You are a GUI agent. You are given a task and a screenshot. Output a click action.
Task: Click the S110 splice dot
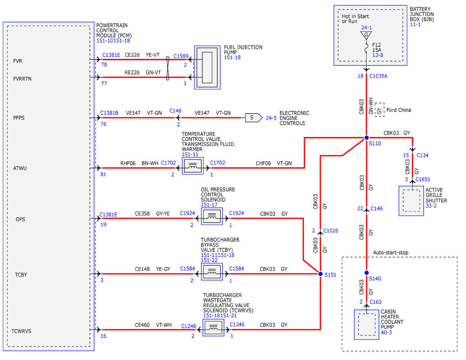point(367,137)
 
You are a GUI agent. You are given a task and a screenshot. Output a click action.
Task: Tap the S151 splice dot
point(320,274)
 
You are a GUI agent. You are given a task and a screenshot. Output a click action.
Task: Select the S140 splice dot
point(367,273)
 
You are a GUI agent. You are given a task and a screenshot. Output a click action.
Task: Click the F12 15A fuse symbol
point(366,48)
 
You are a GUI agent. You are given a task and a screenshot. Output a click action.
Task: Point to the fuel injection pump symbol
point(207,67)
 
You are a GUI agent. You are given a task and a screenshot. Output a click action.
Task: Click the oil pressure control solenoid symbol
point(212,216)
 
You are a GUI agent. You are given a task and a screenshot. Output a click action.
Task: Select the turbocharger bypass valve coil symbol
point(212,272)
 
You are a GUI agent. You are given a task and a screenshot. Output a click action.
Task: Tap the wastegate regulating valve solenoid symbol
point(213,328)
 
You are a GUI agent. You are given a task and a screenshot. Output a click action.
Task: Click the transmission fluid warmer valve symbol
point(193,166)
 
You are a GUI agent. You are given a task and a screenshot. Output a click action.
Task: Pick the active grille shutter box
point(411,201)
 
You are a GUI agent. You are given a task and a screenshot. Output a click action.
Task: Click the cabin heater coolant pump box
point(367,325)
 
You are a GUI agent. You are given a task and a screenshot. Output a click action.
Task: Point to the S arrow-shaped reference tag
point(254,118)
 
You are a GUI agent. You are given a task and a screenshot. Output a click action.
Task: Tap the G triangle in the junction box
point(366,35)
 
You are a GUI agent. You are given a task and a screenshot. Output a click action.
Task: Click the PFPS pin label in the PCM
point(19,118)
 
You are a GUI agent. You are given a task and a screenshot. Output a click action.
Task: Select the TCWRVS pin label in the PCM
point(21,331)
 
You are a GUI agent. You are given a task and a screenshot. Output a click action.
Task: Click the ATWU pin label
point(20,168)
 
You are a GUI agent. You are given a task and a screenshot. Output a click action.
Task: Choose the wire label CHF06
point(263,163)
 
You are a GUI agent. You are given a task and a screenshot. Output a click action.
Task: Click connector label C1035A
point(378,76)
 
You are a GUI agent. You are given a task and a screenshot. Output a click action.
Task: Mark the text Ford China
point(399,110)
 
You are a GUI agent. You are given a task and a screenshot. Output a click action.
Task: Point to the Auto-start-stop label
point(391,252)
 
